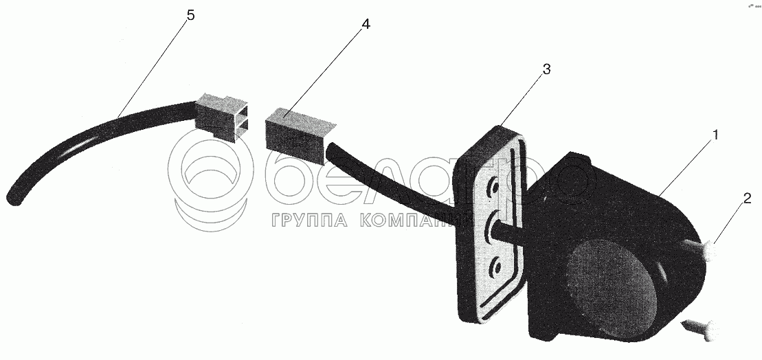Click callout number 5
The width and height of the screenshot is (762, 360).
[190, 15]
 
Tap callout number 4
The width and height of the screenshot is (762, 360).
[366, 24]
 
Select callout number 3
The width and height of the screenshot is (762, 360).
[546, 69]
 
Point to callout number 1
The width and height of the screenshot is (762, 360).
[715, 135]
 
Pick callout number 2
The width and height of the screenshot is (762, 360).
[747, 199]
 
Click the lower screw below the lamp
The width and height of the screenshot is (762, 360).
[701, 328]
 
